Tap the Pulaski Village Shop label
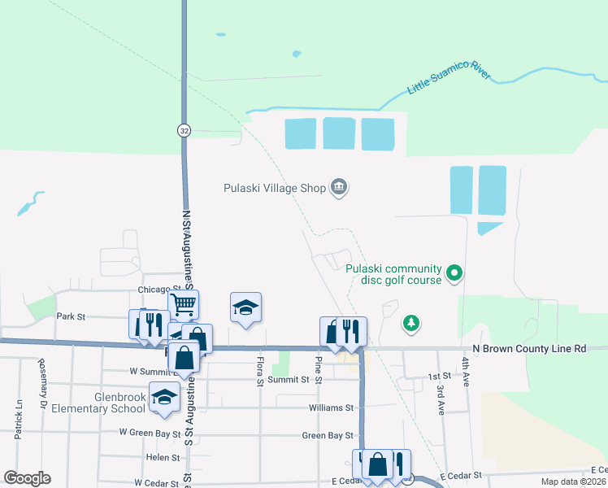click(x=275, y=188)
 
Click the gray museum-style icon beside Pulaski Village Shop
click(x=339, y=188)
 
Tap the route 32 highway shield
click(x=185, y=130)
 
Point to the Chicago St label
click(x=159, y=289)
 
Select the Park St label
click(x=71, y=316)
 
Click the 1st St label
click(x=439, y=377)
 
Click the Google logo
click(x=27, y=478)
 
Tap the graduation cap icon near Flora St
click(x=245, y=307)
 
